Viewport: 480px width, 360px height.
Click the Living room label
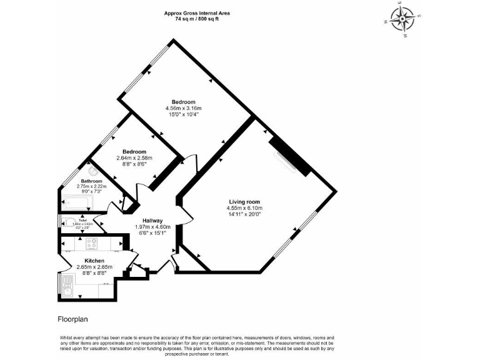tap(244, 202)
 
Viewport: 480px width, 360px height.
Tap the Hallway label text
tap(152, 220)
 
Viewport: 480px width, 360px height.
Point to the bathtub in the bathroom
tap(76, 202)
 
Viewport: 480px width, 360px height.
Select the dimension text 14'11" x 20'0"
tap(244, 214)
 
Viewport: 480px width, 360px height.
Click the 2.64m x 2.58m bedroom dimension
tap(134, 158)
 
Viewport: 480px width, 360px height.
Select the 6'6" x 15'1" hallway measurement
tap(152, 234)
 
